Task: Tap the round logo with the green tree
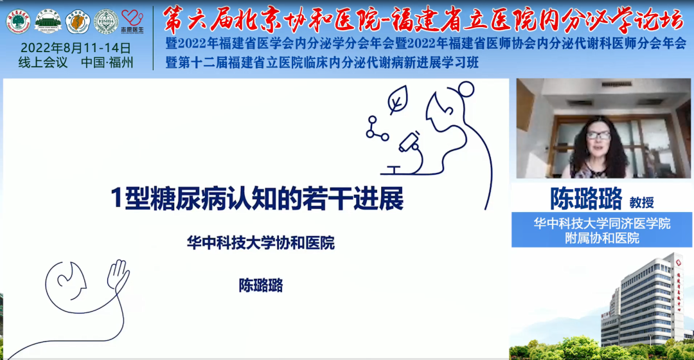[x=18, y=21]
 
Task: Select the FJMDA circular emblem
[x=106, y=21]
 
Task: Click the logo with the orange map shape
[x=78, y=21]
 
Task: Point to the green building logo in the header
[x=48, y=21]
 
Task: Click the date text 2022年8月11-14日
[x=76, y=48]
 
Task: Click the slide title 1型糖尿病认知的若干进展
[x=257, y=199]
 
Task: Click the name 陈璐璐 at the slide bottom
[x=260, y=285]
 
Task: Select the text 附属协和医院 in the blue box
[x=601, y=239]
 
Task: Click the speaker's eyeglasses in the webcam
[x=598, y=135]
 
